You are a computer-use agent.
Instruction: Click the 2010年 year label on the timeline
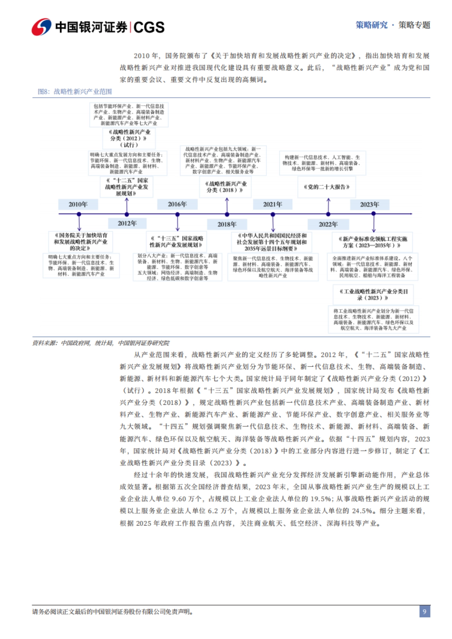(78, 204)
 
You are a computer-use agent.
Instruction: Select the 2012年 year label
(127, 223)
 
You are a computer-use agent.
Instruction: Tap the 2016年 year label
(177, 204)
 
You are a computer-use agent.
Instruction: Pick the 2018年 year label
(227, 224)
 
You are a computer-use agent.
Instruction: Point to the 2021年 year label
(272, 204)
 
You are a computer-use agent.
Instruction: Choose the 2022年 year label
(328, 224)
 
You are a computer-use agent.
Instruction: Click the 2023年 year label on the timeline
(369, 204)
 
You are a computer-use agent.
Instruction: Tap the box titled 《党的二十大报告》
(327, 187)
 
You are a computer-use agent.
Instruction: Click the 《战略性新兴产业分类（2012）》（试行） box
(129, 138)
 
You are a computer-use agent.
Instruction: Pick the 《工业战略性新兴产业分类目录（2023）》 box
(373, 294)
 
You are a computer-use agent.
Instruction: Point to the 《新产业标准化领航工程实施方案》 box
(373, 242)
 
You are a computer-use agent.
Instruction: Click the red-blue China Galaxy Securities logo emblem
(41, 27)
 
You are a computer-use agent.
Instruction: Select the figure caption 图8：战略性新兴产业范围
(75, 91)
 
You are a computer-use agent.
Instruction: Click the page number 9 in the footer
(425, 612)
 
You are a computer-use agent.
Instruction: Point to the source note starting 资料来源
(101, 343)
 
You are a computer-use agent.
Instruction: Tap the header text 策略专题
(414, 25)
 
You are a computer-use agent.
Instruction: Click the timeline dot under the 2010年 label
(79, 214)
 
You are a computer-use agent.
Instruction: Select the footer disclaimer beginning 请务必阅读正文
(113, 612)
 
